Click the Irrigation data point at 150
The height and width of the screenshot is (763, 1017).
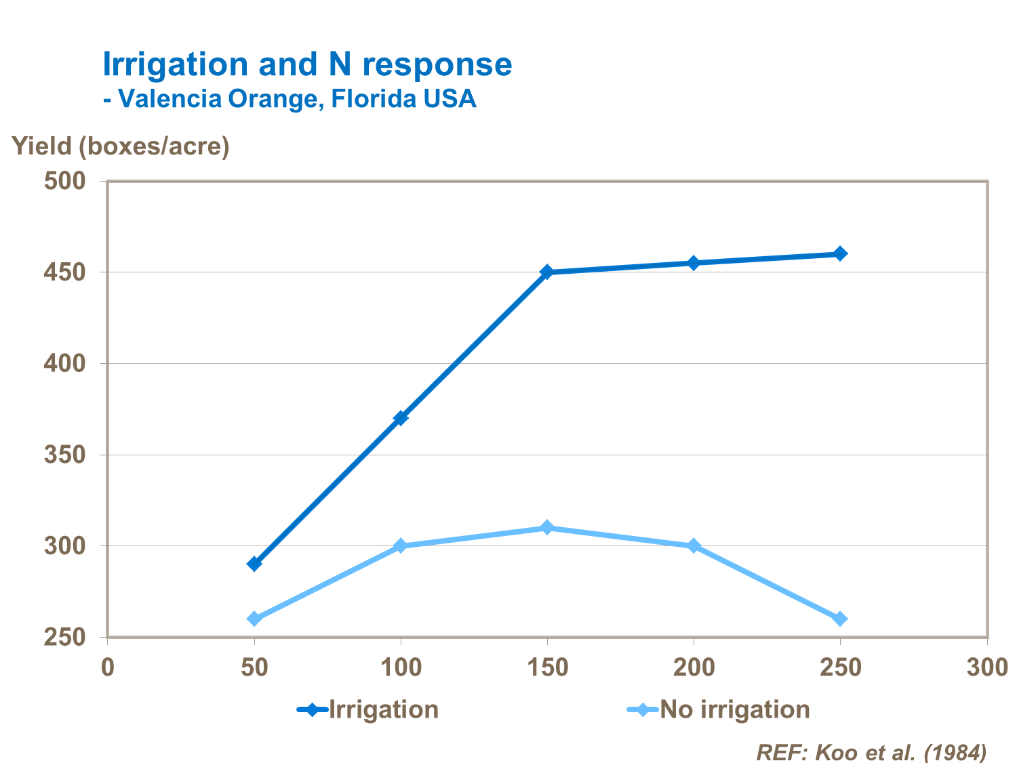547,272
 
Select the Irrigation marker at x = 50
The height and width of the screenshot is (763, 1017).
254,564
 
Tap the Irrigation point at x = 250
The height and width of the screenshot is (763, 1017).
840,253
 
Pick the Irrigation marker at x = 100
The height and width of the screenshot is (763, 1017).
401,418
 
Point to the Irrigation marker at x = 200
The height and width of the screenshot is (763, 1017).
694,263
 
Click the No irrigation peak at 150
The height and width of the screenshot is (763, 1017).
547,528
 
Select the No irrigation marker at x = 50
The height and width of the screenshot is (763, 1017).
254,619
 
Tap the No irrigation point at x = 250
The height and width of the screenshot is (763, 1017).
840,619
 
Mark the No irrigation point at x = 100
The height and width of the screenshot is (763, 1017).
401,545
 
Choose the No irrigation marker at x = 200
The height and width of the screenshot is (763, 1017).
694,545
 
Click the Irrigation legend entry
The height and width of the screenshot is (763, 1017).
369,709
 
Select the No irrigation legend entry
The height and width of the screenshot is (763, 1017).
719,709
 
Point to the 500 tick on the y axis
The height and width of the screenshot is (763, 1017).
65,181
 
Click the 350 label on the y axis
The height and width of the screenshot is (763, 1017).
65,455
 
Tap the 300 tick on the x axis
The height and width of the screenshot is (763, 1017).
986,667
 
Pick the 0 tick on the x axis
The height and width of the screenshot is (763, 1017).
108,667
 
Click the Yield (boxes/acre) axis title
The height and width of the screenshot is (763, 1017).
121,146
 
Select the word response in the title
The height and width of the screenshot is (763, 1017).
437,65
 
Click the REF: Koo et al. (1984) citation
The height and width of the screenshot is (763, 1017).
871,751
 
